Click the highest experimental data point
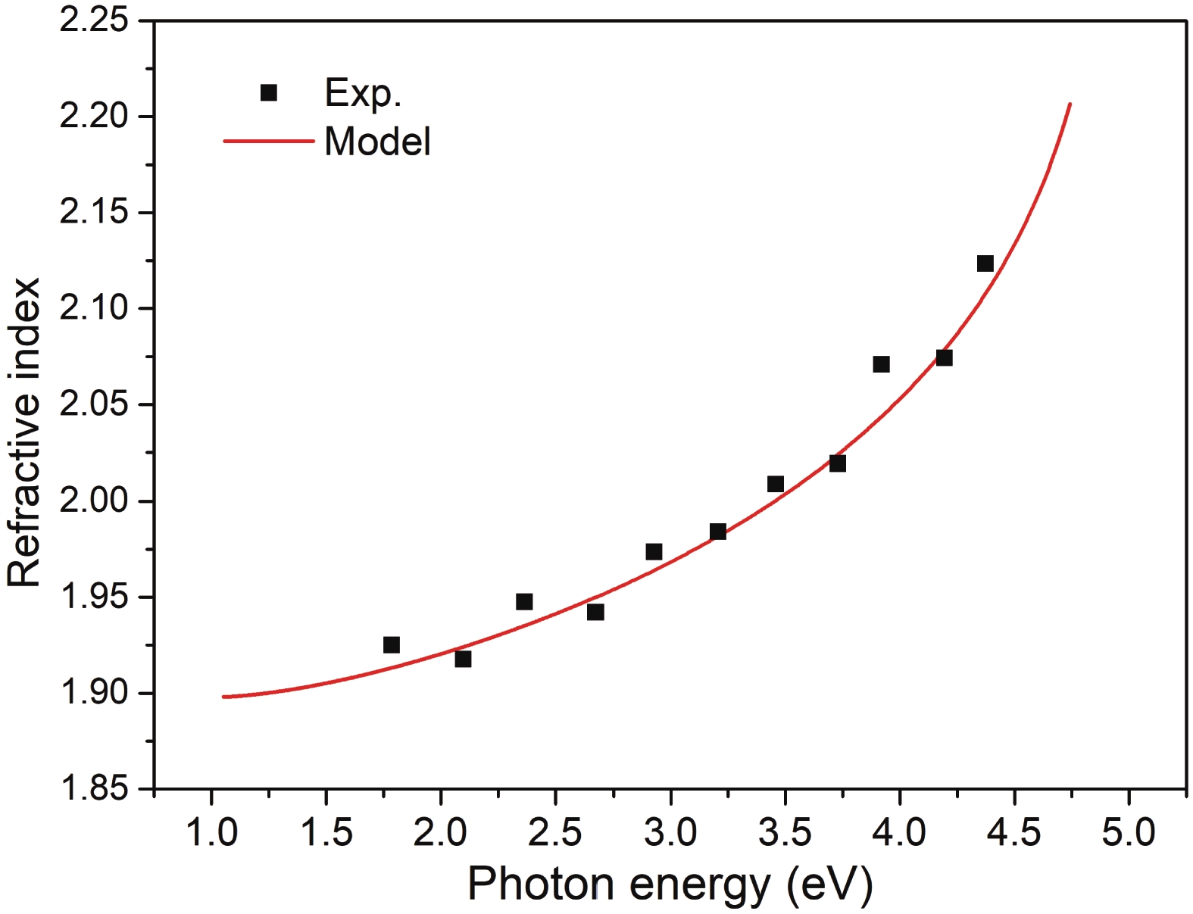pos(985,264)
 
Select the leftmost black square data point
pos(391,645)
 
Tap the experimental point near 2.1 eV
pos(463,660)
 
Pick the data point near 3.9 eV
pos(881,364)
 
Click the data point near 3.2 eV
pos(718,532)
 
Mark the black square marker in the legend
pos(268,93)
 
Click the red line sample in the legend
pos(268,142)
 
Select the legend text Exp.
pos(362,94)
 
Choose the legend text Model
pos(377,142)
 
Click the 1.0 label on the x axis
pos(211,832)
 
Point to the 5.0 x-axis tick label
pos(1128,832)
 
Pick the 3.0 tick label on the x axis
pos(670,832)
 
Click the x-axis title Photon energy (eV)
pos(670,884)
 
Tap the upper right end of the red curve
pos(1070,105)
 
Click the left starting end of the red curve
pos(224,697)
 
